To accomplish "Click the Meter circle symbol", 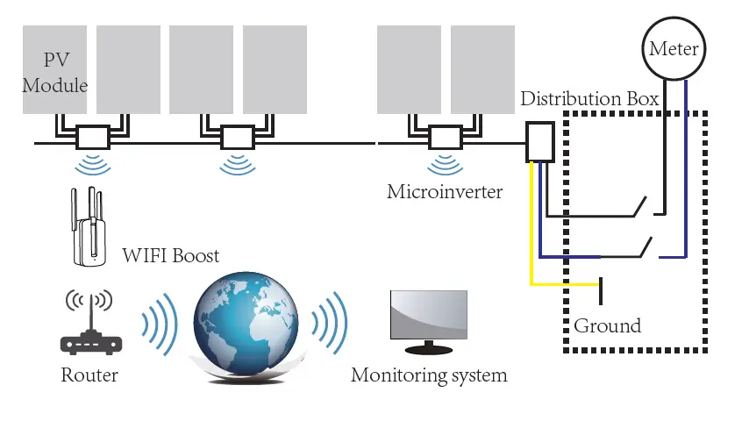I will click(674, 48).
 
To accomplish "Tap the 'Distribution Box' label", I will click(588, 98).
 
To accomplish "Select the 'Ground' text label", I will click(607, 326).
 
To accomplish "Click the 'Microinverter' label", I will click(445, 190).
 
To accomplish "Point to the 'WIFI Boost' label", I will click(170, 256).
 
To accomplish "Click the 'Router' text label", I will click(89, 375).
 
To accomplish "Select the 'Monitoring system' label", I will click(429, 375).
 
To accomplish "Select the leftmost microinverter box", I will click(92, 138).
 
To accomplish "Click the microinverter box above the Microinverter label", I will click(444, 138).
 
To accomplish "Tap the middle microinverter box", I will click(235, 138).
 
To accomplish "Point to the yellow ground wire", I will click(532, 237).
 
